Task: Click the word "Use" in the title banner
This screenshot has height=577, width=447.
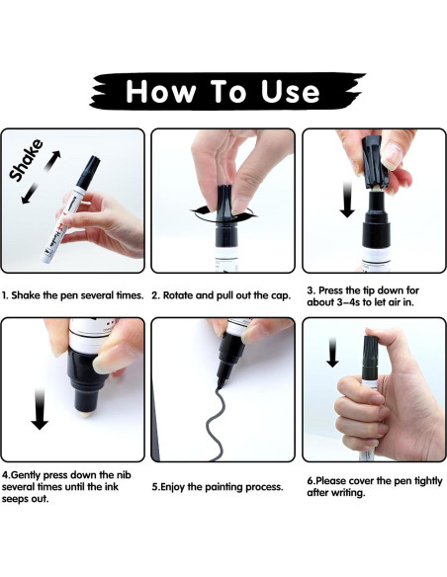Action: [x=290, y=91]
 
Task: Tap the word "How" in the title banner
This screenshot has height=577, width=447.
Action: [x=160, y=91]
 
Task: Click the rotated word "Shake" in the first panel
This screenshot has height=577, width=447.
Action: [x=26, y=160]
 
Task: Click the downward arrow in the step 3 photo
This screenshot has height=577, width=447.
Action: [x=346, y=200]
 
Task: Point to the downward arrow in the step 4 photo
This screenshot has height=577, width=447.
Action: [x=40, y=409]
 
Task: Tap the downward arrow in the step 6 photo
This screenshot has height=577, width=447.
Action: [x=332, y=353]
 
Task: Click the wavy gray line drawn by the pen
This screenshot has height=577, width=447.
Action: [x=213, y=423]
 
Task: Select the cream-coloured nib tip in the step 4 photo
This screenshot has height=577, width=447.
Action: [x=85, y=413]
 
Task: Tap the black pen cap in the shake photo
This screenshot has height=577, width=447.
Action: [x=88, y=172]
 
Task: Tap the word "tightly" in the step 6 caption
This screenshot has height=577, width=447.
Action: [x=428, y=481]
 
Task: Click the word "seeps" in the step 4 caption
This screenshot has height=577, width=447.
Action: [x=16, y=500]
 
